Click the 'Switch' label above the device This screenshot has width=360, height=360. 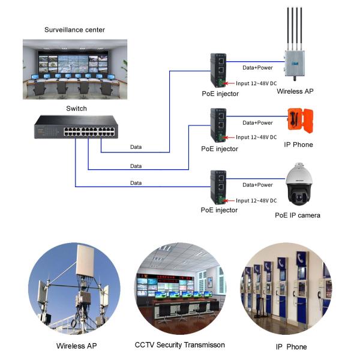pos(76,109)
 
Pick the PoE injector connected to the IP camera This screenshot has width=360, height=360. pos(218,187)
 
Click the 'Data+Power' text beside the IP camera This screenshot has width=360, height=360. pos(257,185)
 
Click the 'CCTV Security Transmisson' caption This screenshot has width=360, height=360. pos(179,345)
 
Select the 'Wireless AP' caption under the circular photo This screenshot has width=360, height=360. pos(76,346)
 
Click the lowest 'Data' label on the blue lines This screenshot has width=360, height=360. pos(136,182)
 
